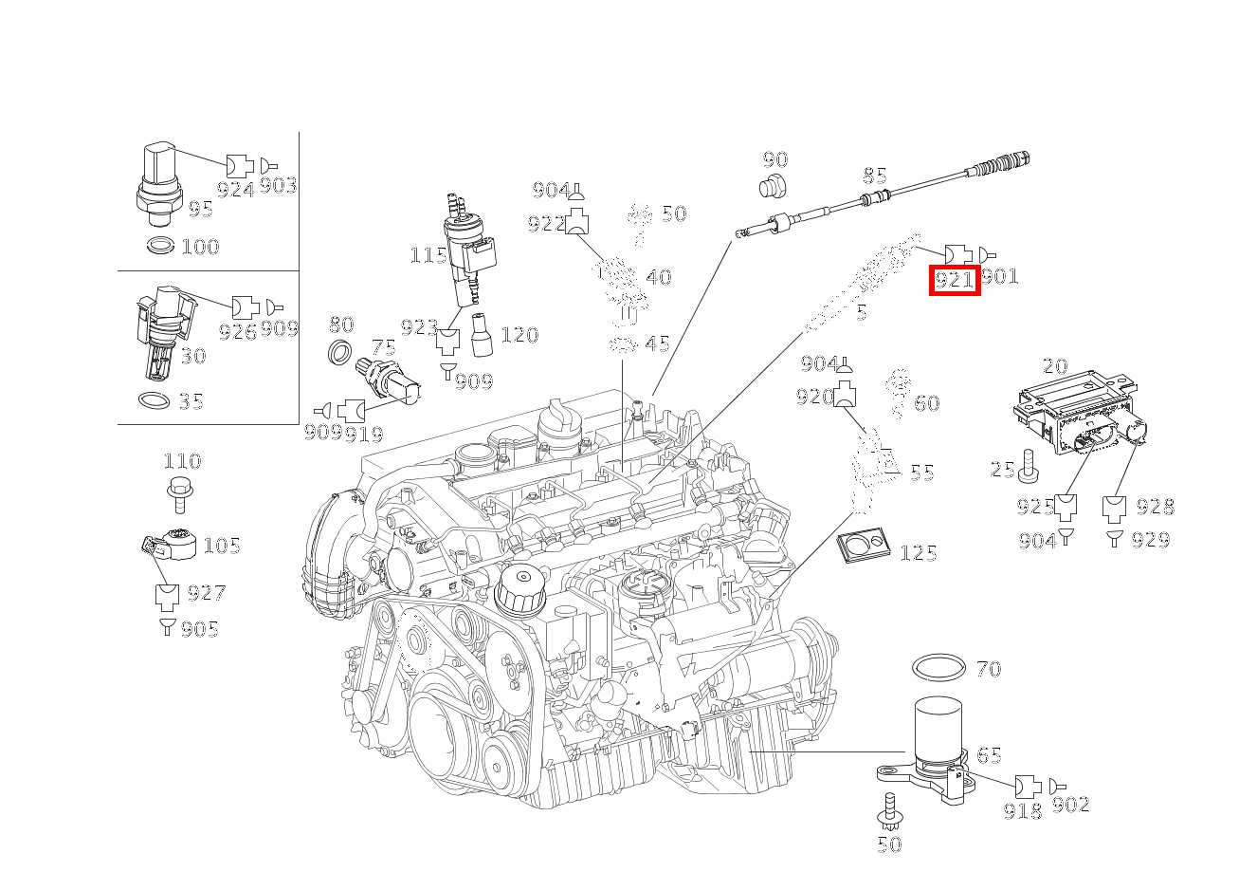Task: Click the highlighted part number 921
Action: pos(954,280)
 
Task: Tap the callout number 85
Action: pos(874,176)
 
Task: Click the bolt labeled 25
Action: pos(1029,466)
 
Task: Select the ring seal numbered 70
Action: pos(938,667)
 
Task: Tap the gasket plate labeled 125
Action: pos(863,546)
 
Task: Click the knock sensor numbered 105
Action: pos(175,544)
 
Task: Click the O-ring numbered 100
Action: pos(161,247)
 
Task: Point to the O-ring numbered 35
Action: pos(156,400)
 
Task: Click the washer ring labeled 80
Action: pos(338,351)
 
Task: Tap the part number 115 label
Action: pos(428,255)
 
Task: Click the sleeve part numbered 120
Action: pos(480,336)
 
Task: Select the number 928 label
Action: pos(1154,507)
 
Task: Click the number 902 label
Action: pos(1070,805)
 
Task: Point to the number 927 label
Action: pos(206,593)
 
